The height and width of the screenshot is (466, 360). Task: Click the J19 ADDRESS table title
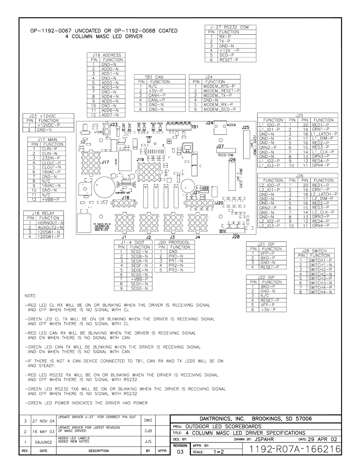(106, 55)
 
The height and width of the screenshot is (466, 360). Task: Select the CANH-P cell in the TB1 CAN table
(157, 95)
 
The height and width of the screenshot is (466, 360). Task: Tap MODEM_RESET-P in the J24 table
(221, 91)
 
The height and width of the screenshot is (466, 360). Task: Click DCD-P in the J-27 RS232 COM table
(227, 55)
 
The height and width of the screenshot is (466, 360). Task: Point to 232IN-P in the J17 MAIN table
(49, 158)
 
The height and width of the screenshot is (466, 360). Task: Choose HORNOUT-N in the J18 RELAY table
(50, 223)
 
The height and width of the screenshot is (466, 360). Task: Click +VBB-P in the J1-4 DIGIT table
(139, 279)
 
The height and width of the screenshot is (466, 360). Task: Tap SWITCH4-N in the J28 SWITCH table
(320, 292)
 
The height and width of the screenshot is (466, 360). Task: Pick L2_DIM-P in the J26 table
(322, 199)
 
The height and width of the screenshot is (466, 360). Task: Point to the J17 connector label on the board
(105, 162)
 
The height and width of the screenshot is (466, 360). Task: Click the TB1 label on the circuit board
(195, 127)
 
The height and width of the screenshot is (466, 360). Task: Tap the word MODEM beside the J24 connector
(231, 125)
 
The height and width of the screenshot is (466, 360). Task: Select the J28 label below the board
(236, 237)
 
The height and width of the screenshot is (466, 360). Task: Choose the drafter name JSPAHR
(264, 439)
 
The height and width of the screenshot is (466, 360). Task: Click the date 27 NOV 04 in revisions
(43, 421)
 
